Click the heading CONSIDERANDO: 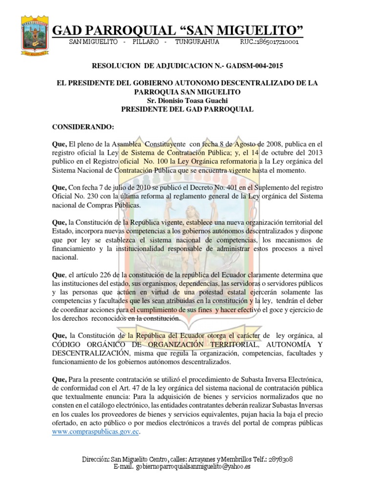[83, 128]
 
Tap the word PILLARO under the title [146, 42]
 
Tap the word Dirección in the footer [94, 459]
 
